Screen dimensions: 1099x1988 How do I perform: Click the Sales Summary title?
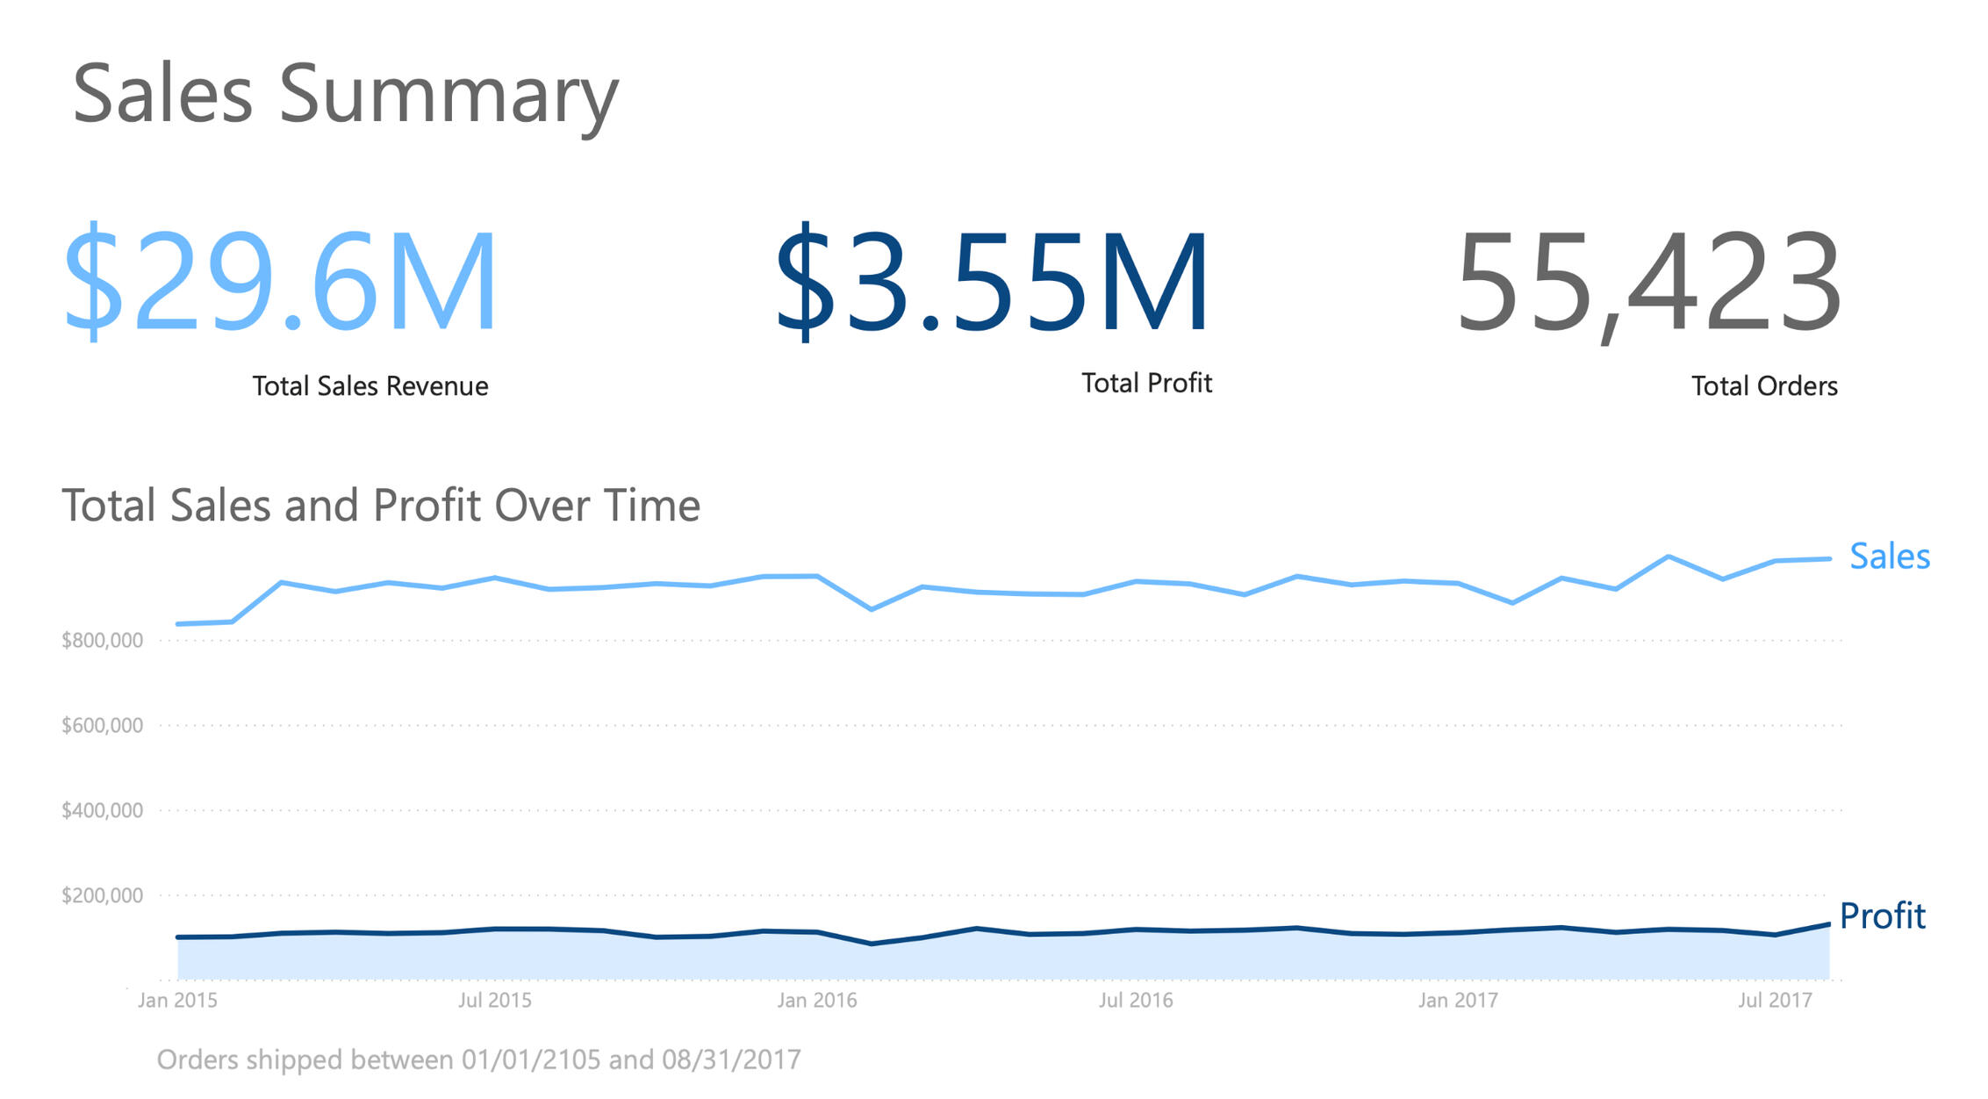point(345,95)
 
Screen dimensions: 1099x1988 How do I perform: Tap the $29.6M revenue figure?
point(281,281)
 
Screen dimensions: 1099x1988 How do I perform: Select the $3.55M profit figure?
point(992,281)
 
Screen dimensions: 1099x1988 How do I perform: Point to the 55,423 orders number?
point(1648,281)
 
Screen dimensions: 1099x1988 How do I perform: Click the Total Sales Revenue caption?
point(370,386)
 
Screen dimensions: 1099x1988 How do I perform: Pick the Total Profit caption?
point(1146,383)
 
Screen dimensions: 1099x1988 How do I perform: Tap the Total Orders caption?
point(1764,386)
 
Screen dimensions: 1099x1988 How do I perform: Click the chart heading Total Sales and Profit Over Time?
point(381,506)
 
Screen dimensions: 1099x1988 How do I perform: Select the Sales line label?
point(1889,557)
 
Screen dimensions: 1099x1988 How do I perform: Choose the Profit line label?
point(1882,916)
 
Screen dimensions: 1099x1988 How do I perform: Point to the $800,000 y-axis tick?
point(102,641)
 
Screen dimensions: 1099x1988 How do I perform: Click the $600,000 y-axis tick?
point(102,726)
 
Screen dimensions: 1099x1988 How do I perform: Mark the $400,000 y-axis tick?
point(102,810)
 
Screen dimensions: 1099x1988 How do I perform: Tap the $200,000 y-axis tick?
point(102,895)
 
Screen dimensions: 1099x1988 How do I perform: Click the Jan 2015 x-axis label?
point(177,1000)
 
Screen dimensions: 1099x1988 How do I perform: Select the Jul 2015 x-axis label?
point(495,1000)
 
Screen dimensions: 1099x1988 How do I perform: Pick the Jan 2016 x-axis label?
point(816,1000)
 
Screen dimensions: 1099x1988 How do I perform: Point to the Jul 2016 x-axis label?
point(1136,1000)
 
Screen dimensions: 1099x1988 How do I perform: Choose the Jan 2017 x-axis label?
point(1458,1000)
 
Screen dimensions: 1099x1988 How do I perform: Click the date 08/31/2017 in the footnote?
point(731,1059)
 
